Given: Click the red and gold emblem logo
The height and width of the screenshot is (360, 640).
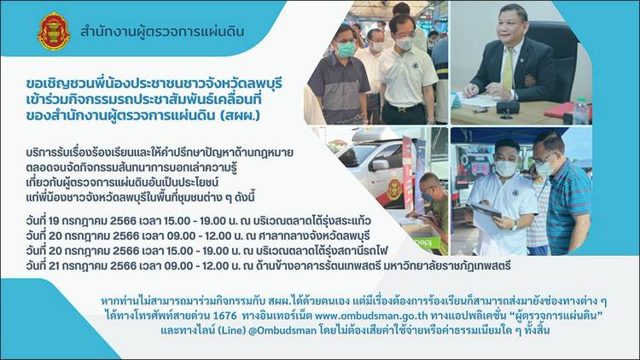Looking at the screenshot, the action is click(x=54, y=32).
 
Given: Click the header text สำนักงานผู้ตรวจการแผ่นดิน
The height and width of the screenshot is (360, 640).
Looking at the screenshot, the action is click(x=162, y=32).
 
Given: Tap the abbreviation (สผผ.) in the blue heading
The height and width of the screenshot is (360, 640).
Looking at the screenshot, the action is click(x=240, y=115).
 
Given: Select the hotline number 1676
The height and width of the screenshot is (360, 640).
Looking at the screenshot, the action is click(x=225, y=316).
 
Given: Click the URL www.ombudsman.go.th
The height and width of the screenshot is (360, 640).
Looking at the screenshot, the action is click(x=371, y=316).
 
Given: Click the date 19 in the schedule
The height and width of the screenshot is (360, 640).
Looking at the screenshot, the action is click(x=55, y=221).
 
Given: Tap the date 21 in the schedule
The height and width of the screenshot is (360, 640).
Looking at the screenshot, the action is click(x=55, y=266).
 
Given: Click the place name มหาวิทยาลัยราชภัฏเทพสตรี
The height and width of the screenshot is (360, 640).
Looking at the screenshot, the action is click(x=447, y=266).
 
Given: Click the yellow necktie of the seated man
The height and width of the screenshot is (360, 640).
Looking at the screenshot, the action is click(x=508, y=68).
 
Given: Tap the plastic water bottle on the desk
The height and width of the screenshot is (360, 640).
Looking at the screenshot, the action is click(x=581, y=112).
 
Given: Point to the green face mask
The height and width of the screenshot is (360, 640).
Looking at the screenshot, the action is click(x=346, y=49).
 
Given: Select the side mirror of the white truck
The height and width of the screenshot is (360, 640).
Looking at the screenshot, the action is click(x=379, y=165).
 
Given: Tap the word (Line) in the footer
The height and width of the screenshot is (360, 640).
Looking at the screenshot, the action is click(x=231, y=330).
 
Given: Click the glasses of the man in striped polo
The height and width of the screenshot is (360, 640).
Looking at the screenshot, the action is click(x=544, y=160).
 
